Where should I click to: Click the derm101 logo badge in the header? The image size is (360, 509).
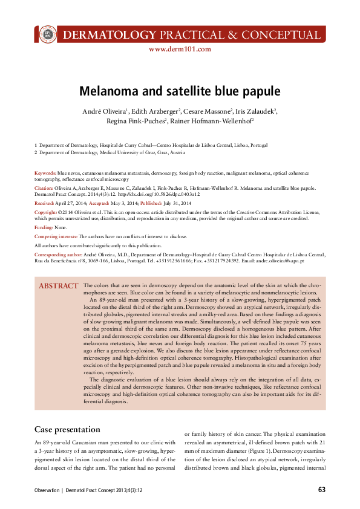coord(46,34)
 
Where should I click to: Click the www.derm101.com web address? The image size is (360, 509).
coord(179,49)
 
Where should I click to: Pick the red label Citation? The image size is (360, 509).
coord(44,189)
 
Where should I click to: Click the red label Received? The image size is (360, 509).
coord(45,204)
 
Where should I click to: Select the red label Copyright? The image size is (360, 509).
coord(46,213)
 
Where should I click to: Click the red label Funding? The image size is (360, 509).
coord(44,227)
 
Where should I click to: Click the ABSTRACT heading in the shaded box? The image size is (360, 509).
coord(58,285)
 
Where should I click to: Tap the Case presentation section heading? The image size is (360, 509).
coord(67,429)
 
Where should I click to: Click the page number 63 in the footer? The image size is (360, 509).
coord(322,490)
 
